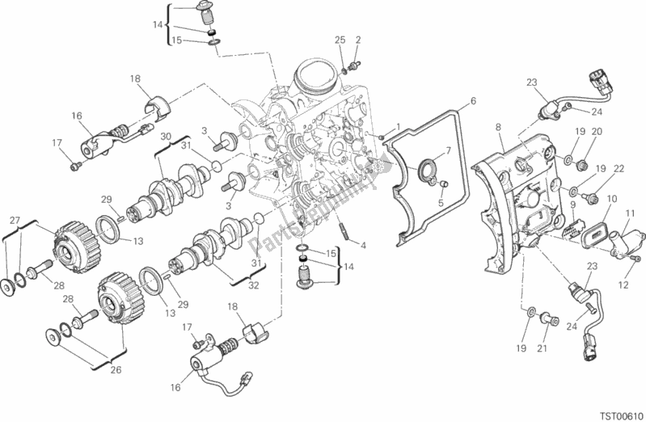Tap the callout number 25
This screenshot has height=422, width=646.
pos(340,40)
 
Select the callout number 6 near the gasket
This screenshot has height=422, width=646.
pos(473,101)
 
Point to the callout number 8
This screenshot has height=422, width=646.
pos(499,127)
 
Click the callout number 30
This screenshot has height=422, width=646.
pos(165,137)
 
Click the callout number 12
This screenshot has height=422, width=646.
pos(624,285)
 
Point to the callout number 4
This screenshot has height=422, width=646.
pos(364,245)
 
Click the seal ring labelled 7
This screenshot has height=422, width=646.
pos(424,171)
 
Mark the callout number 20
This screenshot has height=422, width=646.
pos(597,132)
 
